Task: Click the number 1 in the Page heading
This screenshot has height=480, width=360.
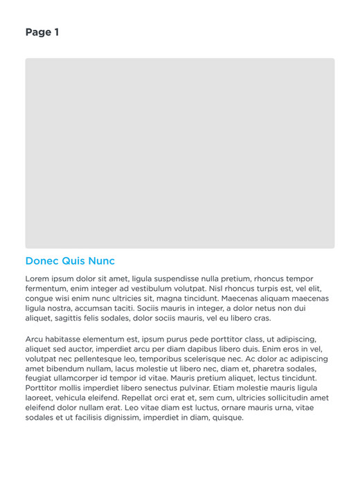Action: tap(56, 33)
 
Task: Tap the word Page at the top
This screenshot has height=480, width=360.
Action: tap(37, 33)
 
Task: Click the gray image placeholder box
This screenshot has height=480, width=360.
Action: tap(180, 153)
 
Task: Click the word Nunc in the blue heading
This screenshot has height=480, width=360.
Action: tap(101, 261)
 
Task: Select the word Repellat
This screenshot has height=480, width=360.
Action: tap(141, 398)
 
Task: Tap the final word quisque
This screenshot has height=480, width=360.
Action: tap(226, 418)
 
